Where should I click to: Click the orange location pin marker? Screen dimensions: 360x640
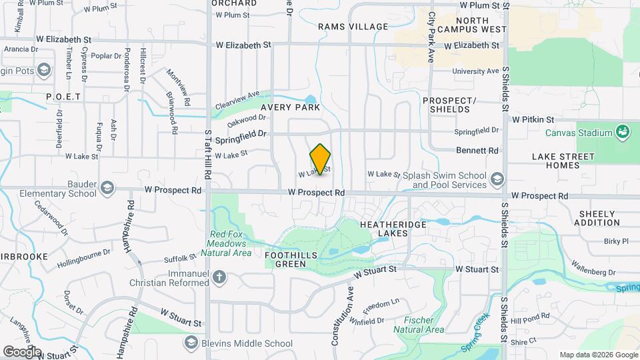coord(321,159)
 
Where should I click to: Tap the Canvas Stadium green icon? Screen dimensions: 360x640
coord(623,131)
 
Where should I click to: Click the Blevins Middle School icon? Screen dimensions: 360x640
coord(191,343)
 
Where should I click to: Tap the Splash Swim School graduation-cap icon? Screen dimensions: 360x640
coord(497,179)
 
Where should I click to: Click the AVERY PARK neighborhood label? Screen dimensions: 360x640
coord(290,107)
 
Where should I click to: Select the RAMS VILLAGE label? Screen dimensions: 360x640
coord(353,27)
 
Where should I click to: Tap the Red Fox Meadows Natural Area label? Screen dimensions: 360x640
coord(231,243)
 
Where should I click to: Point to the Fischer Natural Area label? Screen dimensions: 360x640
coord(419,325)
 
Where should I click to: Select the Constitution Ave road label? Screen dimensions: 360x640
coord(351,314)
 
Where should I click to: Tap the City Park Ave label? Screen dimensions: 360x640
coord(431,37)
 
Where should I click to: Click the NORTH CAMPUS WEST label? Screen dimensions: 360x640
coord(472,25)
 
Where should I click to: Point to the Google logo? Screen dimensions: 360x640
coord(22,351)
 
